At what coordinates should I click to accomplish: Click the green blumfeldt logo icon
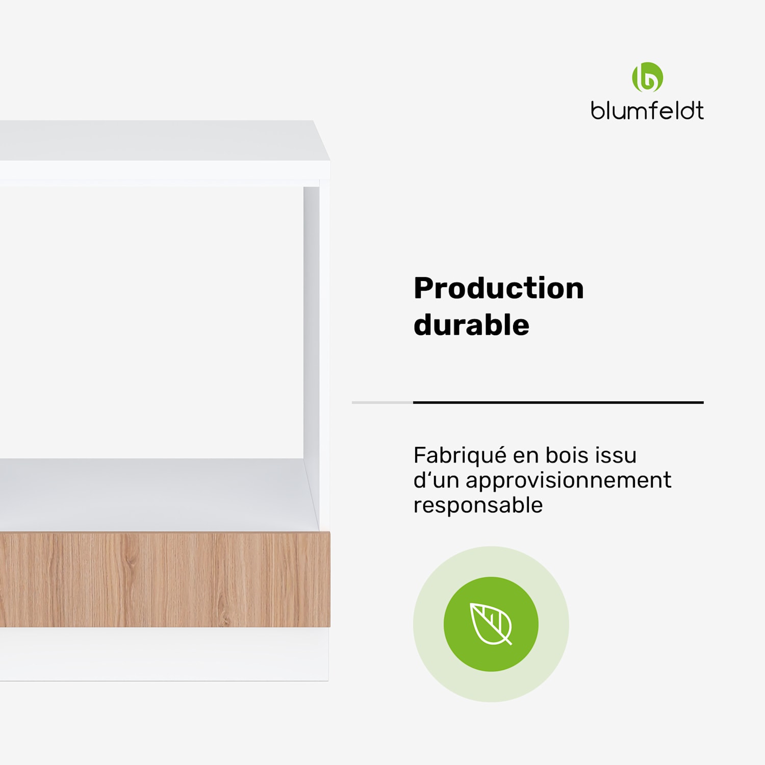647,78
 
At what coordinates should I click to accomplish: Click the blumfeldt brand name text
647,111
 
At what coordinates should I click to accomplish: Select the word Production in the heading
498,289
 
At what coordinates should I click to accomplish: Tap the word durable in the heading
471,325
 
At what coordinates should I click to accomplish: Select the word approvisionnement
568,480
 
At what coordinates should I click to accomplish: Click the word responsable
478,505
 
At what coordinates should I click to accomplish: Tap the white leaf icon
491,624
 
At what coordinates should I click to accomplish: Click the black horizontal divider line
558,402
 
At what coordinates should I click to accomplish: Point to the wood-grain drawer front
163,580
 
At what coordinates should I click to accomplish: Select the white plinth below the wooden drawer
163,654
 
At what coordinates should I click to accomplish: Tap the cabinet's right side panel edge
324,357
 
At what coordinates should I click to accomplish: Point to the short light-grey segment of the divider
382,402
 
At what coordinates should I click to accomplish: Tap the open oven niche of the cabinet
153,321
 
